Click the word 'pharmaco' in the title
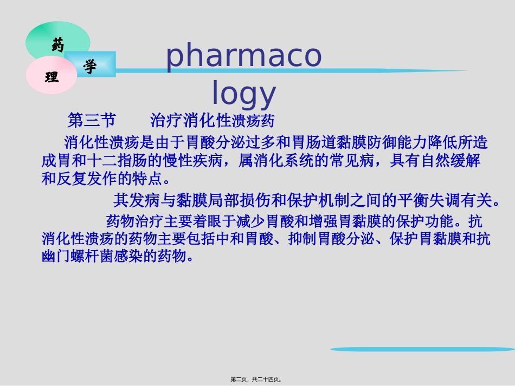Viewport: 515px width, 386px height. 243,56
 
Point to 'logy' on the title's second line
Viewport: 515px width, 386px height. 243,93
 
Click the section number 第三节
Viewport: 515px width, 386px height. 92,120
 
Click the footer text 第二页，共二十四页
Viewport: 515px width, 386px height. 257,380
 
